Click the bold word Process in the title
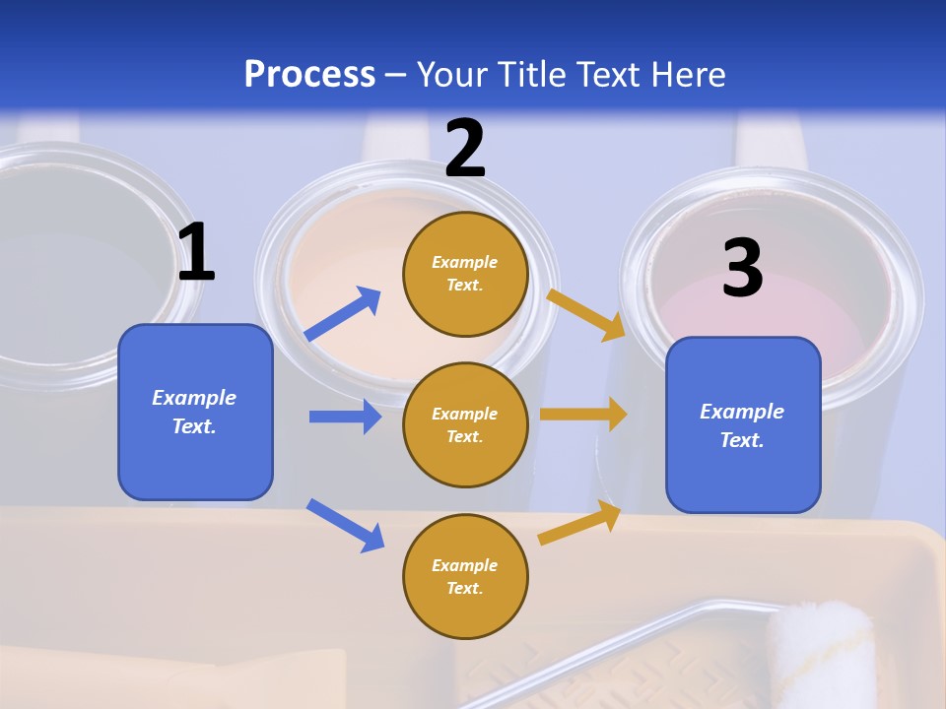[309, 75]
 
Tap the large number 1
[196, 252]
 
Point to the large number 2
[465, 149]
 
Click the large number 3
[742, 268]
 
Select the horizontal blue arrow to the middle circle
[345, 417]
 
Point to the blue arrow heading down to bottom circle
[346, 525]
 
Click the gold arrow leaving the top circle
[585, 314]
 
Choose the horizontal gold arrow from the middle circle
[583, 415]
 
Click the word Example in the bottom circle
[465, 565]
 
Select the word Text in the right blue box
[742, 440]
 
